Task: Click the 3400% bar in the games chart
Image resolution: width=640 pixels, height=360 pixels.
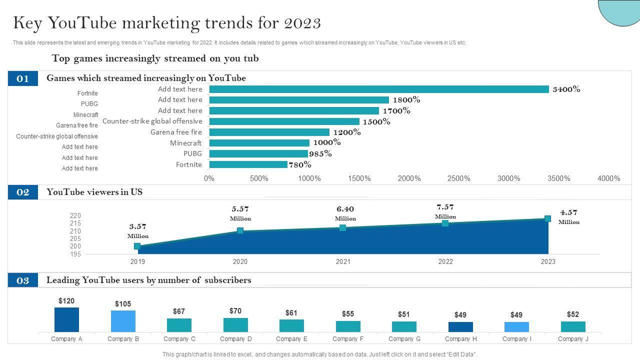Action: (379, 89)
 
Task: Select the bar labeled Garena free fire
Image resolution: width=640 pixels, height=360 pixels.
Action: (269, 132)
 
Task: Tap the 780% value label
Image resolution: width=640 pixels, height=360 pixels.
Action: (300, 164)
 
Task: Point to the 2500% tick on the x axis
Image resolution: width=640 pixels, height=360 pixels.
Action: (458, 178)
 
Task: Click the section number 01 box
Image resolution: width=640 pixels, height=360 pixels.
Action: (23, 78)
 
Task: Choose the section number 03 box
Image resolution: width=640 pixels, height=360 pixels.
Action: (23, 280)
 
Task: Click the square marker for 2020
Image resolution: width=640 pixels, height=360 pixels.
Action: (240, 230)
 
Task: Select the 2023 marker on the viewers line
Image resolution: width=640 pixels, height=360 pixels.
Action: (547, 218)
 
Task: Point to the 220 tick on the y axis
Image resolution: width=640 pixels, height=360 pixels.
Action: (75, 216)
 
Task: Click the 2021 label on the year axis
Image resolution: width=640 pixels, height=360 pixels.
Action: (343, 261)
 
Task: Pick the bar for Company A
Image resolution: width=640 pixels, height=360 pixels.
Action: (66, 319)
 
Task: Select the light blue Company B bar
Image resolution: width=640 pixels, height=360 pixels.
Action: (123, 321)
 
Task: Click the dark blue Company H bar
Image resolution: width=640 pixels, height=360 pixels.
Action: (460, 327)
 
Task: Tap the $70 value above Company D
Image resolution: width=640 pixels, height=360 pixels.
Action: (235, 311)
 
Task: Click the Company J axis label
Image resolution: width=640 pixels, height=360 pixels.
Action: (573, 339)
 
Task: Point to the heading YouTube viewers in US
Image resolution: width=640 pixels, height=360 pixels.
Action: (94, 192)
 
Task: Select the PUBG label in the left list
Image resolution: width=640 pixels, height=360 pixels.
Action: (89, 104)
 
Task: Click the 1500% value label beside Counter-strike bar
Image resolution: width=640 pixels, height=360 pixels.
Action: (376, 121)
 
